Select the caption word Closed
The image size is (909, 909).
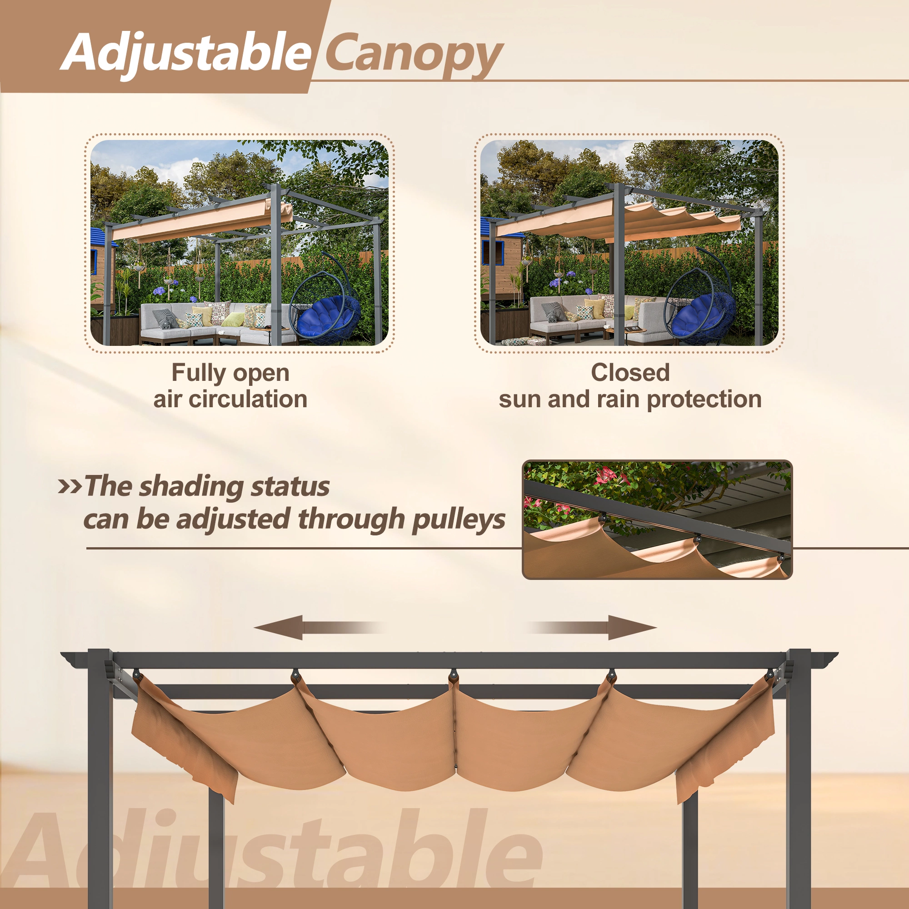pos(630,373)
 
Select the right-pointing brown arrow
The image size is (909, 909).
pos(591,627)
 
